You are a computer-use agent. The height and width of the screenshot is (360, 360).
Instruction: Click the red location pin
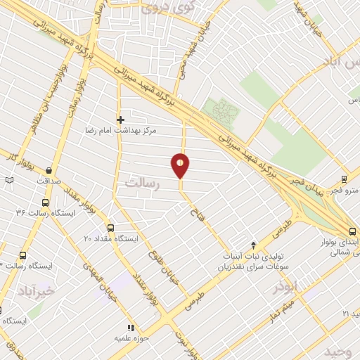(181, 165)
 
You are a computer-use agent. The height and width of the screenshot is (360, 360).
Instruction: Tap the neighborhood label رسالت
(143, 182)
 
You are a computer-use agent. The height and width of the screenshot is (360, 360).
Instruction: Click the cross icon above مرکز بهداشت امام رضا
(120, 120)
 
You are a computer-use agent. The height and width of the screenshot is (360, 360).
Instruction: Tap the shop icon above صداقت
(48, 169)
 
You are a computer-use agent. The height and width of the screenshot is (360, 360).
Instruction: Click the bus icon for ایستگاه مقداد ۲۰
(110, 228)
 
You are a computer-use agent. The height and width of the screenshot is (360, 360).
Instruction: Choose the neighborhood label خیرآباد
(36, 290)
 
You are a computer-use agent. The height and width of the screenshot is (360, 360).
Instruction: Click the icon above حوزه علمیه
(129, 327)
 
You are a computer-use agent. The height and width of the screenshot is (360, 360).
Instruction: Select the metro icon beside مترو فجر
(344, 179)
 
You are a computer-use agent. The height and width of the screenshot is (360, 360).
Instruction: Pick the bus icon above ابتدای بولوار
(353, 231)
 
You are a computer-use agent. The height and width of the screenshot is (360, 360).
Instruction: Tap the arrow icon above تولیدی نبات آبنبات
(254, 240)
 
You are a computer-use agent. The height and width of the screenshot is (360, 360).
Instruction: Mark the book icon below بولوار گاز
(9, 181)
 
